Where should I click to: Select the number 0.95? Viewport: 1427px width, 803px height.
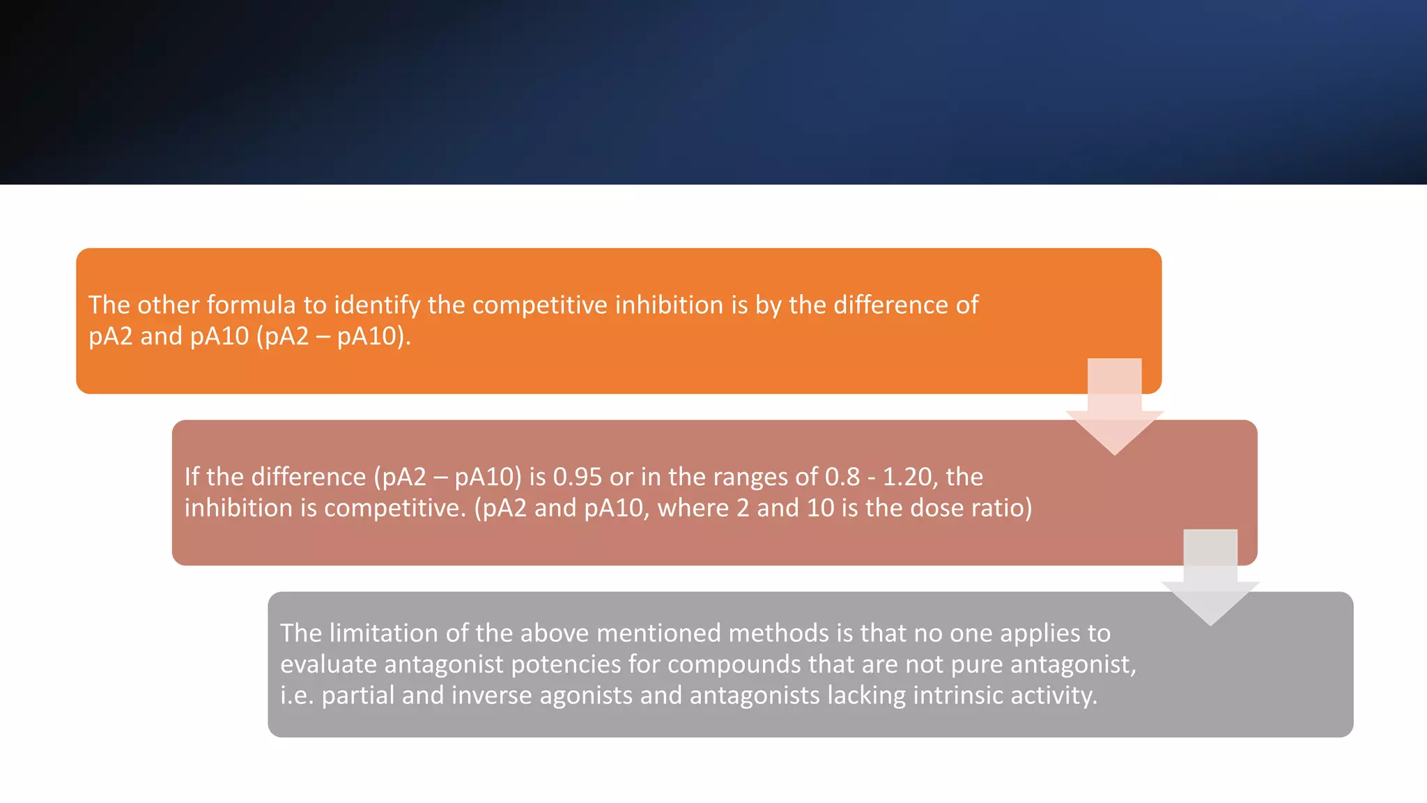click(577, 477)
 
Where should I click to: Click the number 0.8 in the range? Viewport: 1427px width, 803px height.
click(842, 477)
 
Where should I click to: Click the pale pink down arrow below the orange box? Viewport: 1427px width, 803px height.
click(1114, 411)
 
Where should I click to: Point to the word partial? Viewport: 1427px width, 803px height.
click(357, 695)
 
